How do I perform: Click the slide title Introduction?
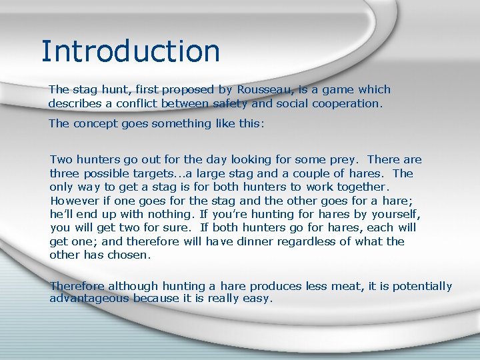[130, 51]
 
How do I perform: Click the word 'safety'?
[229, 103]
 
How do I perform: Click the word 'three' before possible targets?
[65, 173]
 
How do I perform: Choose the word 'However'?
[74, 201]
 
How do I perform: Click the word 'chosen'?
[131, 255]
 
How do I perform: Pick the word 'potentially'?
[422, 286]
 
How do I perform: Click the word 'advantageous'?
[89, 299]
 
